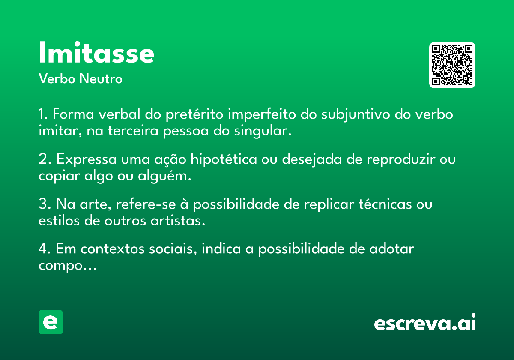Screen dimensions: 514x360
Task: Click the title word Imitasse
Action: click(96, 52)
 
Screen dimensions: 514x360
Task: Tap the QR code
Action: click(452, 65)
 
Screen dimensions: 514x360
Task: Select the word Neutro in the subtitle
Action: click(101, 79)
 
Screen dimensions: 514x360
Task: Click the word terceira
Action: click(133, 131)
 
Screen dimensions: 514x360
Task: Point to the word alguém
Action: click(164, 177)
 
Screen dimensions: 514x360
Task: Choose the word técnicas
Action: click(385, 204)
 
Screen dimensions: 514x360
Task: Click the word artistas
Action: click(178, 221)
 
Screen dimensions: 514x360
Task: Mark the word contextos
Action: click(112, 249)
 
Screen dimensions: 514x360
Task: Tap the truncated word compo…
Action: click(68, 266)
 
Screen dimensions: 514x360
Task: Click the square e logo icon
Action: click(51, 322)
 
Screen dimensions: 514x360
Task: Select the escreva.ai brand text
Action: click(425, 323)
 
